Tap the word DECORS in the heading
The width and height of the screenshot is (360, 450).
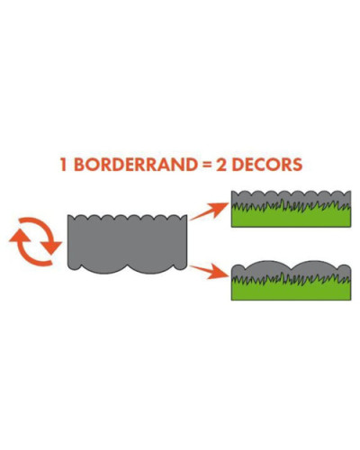click(267, 165)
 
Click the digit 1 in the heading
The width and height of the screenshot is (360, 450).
click(63, 165)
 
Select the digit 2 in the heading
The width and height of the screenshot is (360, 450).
click(221, 165)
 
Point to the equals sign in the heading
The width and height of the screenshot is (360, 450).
click(206, 165)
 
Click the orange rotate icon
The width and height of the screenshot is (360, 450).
click(35, 242)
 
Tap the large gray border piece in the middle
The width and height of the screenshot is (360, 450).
click(127, 244)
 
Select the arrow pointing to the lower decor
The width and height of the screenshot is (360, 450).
click(210, 272)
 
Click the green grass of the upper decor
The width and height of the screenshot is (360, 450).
click(291, 217)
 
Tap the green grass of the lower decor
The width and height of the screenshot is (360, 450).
click(291, 290)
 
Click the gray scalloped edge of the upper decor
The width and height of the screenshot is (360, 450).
click(291, 197)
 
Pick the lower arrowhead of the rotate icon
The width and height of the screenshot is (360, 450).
click(51, 247)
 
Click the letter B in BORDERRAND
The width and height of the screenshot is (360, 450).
click(79, 165)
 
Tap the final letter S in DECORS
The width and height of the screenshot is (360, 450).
click(297, 165)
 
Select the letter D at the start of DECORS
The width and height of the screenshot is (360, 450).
click(238, 165)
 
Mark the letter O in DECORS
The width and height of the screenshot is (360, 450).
click(274, 165)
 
